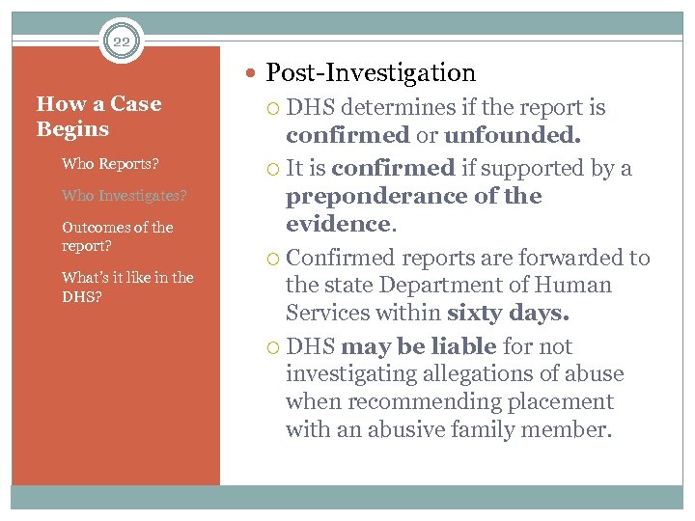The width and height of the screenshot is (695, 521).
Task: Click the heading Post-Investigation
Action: pos(371,72)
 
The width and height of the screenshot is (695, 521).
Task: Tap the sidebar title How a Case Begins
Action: pos(98,117)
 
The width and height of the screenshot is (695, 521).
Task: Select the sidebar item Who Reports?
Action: pos(110,163)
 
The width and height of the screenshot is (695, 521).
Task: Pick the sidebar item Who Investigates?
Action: pos(124,195)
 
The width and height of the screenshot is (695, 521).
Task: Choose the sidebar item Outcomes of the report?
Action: pos(117,236)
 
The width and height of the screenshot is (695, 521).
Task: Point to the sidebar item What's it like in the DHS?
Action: pos(127,287)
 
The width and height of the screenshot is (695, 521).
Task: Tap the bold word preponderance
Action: pos(381,196)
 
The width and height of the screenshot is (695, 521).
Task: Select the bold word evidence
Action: pos(337,224)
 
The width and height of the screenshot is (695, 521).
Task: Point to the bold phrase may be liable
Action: pos(418,346)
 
